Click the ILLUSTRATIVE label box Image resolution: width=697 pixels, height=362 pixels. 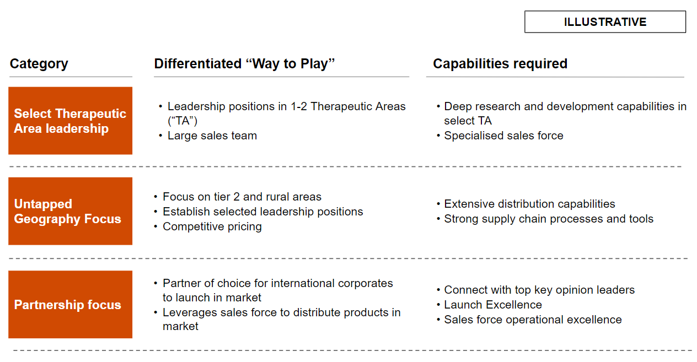coord(605,22)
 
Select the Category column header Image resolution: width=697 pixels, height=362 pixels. coord(39,64)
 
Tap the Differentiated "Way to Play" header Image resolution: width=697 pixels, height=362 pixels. coord(244,63)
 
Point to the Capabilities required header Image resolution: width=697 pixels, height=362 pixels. coord(500,63)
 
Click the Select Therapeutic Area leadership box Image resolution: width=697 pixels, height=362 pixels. coord(71,121)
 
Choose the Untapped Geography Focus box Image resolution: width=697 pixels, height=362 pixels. coord(71,211)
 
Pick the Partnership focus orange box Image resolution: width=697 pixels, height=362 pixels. coord(71,305)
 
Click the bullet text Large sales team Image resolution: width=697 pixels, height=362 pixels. coord(212,136)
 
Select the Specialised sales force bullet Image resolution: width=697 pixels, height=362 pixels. coord(503,136)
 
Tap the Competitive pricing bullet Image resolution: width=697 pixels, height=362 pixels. coord(212,226)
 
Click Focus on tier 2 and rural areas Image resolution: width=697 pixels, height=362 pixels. coord(242,197)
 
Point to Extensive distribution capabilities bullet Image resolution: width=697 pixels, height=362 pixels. coord(529,204)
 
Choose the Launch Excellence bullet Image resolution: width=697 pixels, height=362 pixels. coord(493,305)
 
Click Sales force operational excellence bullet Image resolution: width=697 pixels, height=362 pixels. coord(533,320)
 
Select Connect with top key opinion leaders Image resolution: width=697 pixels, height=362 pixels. coord(539,290)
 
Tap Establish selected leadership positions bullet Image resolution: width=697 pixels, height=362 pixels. coord(263,212)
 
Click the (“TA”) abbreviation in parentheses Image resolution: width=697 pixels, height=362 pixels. coord(183,121)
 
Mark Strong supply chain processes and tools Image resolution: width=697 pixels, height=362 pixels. coord(549,219)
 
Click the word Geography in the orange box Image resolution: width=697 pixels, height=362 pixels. coord(47,219)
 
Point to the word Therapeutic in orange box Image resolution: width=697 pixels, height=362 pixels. coord(90,114)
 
